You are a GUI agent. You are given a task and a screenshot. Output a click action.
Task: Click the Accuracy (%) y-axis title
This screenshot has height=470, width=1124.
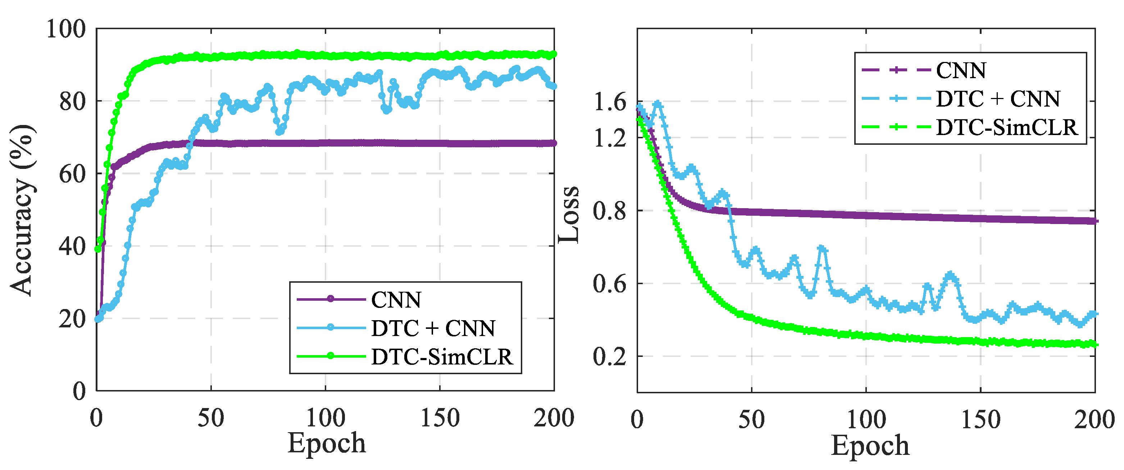tap(22, 210)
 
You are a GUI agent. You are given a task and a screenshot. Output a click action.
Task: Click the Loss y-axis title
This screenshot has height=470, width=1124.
tap(569, 214)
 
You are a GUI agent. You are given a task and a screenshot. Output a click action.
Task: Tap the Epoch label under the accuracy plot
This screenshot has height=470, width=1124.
tap(326, 443)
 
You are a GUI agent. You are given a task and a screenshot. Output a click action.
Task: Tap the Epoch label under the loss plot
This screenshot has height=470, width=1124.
tap(870, 445)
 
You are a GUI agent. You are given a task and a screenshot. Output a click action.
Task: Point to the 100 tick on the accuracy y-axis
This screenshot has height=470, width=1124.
tap(66, 29)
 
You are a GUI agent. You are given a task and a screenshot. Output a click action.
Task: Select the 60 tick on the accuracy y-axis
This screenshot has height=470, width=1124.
tap(72, 174)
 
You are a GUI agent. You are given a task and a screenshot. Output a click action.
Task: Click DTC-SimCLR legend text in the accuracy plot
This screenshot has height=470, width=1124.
tap(442, 357)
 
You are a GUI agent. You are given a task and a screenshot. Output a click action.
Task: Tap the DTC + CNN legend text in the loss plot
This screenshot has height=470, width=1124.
tap(998, 99)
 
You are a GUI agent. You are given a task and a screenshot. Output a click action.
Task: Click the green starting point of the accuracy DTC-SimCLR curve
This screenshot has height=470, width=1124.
tap(98, 249)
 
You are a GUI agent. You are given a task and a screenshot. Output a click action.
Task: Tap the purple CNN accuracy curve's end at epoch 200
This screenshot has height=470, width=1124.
tap(554, 143)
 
